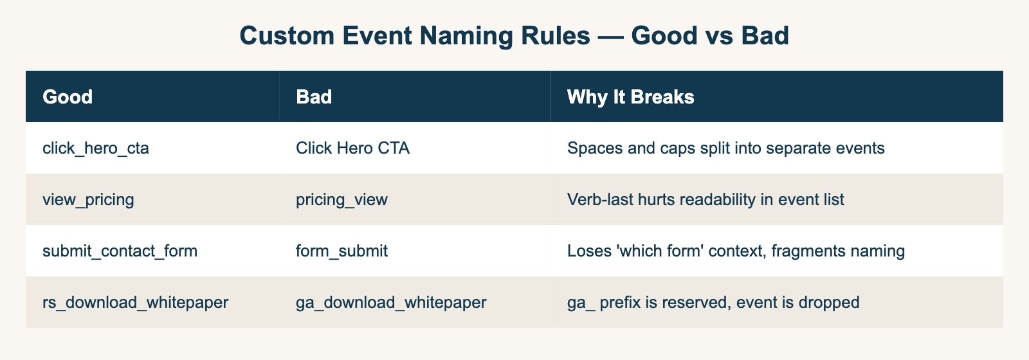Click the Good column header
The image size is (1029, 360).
68,97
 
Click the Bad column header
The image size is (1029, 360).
314,97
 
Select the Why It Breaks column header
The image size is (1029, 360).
630,97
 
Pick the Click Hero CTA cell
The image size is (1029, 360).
352,148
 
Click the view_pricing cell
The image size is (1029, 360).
88,200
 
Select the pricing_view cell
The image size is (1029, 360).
341,200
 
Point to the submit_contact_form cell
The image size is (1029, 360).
120,251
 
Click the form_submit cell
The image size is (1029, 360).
341,251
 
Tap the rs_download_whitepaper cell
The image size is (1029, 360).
135,303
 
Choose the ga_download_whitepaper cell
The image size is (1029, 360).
391,303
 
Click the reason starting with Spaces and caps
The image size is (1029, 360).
725,148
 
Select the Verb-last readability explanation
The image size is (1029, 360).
706,200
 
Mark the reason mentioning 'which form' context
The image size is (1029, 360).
736,251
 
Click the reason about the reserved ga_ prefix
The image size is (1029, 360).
713,303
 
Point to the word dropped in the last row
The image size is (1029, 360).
832,303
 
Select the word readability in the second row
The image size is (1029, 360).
705,200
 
